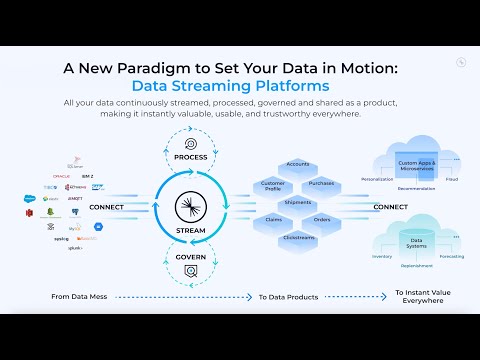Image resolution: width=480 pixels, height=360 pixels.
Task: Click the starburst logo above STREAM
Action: pyautogui.click(x=189, y=208)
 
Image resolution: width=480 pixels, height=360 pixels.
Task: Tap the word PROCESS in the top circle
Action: pyautogui.click(x=189, y=158)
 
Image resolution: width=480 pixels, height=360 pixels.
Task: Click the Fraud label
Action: pyautogui.click(x=451, y=179)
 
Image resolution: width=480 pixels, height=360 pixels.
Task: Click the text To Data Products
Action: pyautogui.click(x=288, y=296)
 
